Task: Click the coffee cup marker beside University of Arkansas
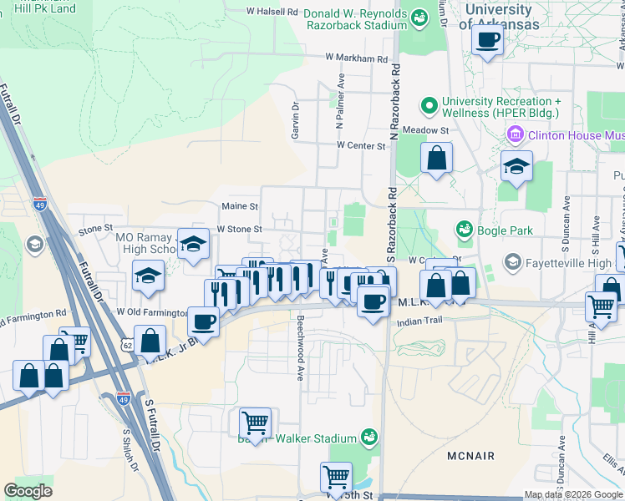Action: (487, 38)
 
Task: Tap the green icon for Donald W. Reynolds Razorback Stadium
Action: (419, 15)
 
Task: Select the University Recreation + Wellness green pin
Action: (429, 106)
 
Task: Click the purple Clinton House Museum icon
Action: (514, 134)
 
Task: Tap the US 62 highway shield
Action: (126, 343)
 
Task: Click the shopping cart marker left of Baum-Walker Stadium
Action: (255, 423)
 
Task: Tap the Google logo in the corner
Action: (28, 491)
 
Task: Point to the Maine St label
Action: (240, 205)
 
